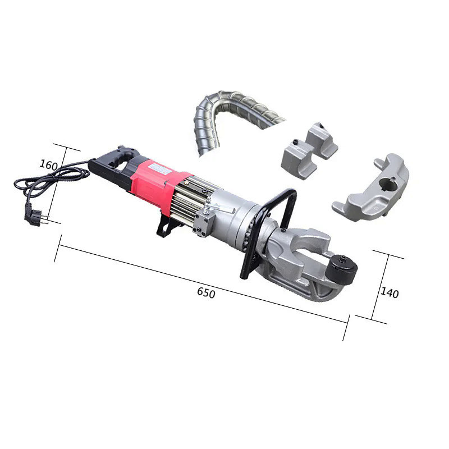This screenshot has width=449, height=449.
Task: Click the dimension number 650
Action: coord(206,292)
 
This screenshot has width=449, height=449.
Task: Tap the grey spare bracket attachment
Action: coord(373,191)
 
